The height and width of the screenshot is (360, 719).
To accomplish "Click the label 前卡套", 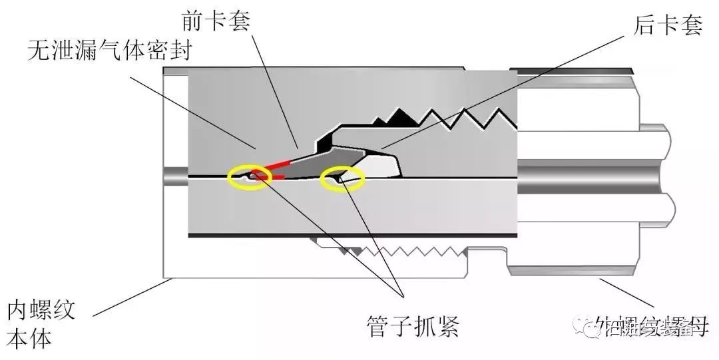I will coord(215,21).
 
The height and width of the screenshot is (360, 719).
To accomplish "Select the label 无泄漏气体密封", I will coord(109,51).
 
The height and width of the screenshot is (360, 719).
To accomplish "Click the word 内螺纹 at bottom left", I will coord(41,310).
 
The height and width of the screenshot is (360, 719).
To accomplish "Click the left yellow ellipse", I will coord(250,178).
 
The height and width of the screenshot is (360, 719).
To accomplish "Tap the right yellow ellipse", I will coord(343,178).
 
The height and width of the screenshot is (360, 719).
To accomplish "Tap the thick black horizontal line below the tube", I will coord(353,236).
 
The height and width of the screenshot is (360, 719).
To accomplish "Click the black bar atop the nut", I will coord(573,69).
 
